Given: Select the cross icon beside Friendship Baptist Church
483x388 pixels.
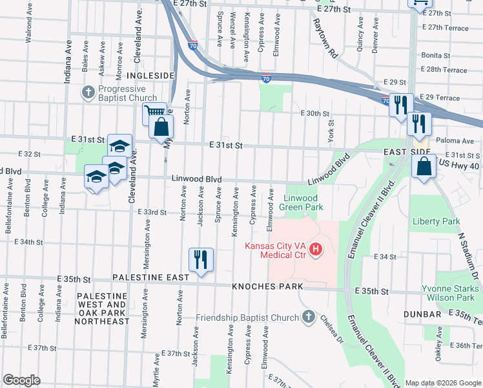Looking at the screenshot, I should click(309, 317).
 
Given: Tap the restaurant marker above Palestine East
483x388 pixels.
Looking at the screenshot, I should click(201, 260).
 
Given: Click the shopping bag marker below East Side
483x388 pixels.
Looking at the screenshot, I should click(423, 167).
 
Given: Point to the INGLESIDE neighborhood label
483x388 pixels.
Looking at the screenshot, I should click(154, 76).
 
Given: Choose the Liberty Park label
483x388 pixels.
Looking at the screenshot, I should click(436, 221).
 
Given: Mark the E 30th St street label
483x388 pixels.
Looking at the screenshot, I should click(315, 113).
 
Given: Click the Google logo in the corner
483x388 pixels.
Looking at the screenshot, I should click(21, 380).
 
